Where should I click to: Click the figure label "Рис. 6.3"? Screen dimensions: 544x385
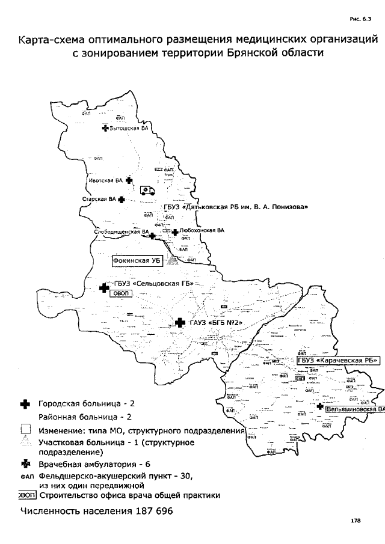click(x=362, y=19)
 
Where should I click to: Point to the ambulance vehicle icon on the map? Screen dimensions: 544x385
click(x=147, y=191)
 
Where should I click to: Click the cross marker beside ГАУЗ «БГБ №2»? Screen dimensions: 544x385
click(x=179, y=323)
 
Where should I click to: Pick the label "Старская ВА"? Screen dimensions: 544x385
click(x=99, y=199)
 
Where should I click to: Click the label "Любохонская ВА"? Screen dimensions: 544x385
click(x=202, y=230)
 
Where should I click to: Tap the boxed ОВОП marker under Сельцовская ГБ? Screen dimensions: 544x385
click(x=119, y=293)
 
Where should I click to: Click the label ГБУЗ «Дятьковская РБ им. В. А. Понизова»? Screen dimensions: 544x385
click(x=236, y=207)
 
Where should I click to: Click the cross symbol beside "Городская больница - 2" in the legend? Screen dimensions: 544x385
click(x=25, y=405)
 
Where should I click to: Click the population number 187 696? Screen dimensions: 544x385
click(x=147, y=512)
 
